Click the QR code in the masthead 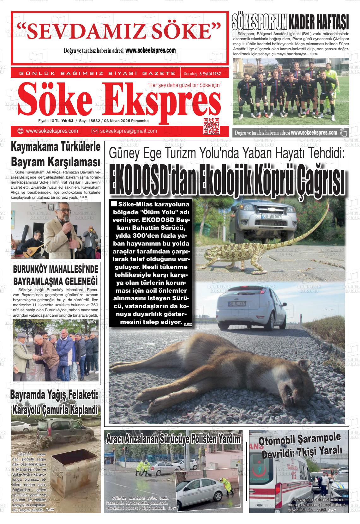212,126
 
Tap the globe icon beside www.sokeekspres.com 21,131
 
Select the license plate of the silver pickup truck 272,216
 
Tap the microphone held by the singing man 66,219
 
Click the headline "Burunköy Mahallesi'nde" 56,269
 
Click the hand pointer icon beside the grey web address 343,133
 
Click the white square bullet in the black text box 115,204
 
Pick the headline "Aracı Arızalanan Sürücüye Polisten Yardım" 173,439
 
